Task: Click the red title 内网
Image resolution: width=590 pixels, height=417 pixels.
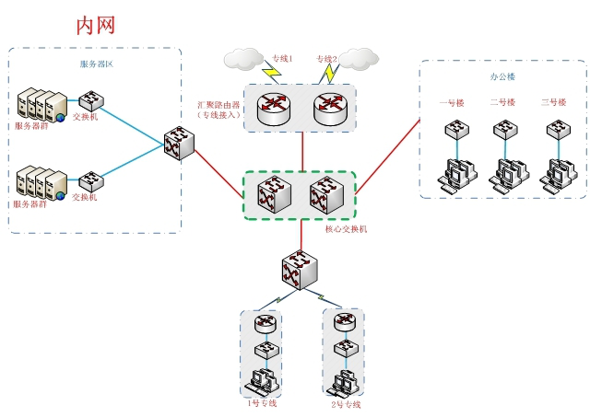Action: coord(95,25)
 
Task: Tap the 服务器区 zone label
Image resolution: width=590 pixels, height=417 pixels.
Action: coord(96,64)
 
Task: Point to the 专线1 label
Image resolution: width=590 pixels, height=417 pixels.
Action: coord(282,59)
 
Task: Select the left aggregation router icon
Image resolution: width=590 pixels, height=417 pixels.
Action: coord(274,109)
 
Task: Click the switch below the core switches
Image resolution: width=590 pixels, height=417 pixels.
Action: coord(301,270)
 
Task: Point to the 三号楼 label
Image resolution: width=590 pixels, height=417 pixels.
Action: coord(554,102)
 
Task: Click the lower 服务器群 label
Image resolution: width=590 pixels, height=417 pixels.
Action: coord(30,203)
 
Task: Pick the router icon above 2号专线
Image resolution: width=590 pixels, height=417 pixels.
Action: coord(345,322)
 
